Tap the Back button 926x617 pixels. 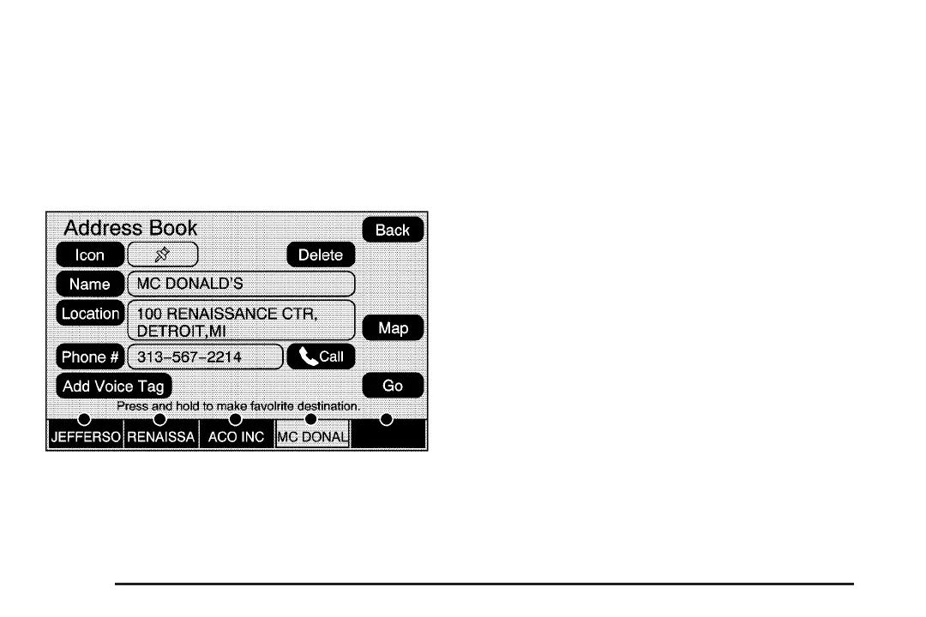pos(393,230)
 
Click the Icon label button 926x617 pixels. pos(90,255)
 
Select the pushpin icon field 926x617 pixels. pos(162,255)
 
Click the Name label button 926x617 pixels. pos(90,284)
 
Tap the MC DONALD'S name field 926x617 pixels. pos(240,284)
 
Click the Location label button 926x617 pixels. pos(90,314)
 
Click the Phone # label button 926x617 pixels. pos(90,356)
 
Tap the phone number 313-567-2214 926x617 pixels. pos(204,356)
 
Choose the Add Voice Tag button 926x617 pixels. pos(113,386)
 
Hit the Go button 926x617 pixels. pos(393,386)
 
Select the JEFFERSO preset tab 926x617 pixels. pos(85,436)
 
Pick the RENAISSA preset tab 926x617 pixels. pos(161,436)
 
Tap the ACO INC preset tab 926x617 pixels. pos(237,436)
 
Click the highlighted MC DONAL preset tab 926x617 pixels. pos(312,436)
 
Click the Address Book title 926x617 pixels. pos(130,228)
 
